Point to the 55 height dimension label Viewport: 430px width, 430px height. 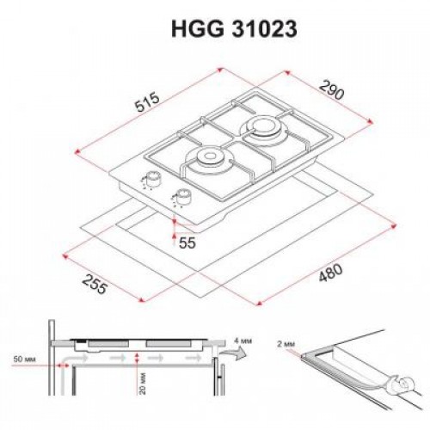(x=188, y=243)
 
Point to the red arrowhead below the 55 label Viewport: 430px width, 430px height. (x=175, y=230)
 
